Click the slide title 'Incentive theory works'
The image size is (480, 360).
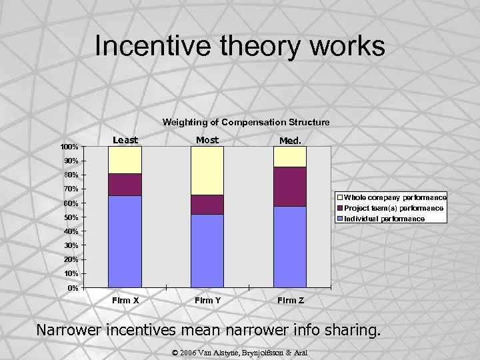pyautogui.click(x=239, y=46)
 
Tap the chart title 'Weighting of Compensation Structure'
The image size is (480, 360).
pyautogui.click(x=246, y=122)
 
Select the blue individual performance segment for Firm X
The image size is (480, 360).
pyautogui.click(x=125, y=241)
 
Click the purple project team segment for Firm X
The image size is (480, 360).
pyautogui.click(x=125, y=185)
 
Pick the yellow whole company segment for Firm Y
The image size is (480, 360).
pyautogui.click(x=207, y=171)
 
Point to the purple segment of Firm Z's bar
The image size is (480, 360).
pyautogui.click(x=290, y=187)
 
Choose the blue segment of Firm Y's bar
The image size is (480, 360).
pyautogui.click(x=207, y=251)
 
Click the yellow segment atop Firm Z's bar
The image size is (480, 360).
pyautogui.click(x=290, y=157)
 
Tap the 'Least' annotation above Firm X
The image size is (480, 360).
pyautogui.click(x=125, y=140)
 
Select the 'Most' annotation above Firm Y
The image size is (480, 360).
pyautogui.click(x=207, y=140)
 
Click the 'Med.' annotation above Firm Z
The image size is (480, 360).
pyautogui.click(x=290, y=141)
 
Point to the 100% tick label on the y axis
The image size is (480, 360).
pyautogui.click(x=69, y=147)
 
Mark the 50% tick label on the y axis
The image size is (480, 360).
pyautogui.click(x=71, y=217)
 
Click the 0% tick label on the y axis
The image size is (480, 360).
pyautogui.click(x=73, y=288)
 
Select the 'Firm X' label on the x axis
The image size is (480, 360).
pyautogui.click(x=125, y=301)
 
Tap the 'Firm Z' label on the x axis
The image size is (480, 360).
pyautogui.click(x=291, y=301)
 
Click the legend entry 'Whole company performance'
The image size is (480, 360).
pyautogui.click(x=395, y=198)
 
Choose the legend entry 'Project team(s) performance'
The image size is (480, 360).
pyautogui.click(x=393, y=208)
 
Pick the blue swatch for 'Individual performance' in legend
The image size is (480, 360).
pyautogui.click(x=340, y=219)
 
